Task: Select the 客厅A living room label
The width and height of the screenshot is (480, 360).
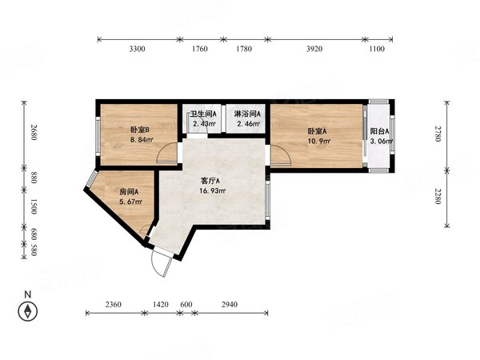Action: point(211,181)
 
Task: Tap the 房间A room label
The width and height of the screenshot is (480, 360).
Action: point(130,192)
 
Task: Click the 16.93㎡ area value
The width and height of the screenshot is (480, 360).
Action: point(212,191)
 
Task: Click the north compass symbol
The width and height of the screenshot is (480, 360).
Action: point(28,311)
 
